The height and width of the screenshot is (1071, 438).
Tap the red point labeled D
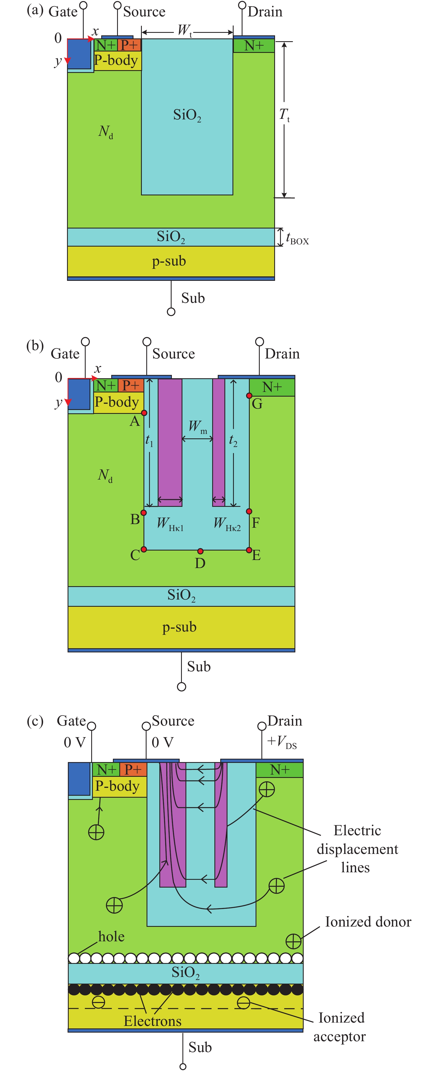pos(200,551)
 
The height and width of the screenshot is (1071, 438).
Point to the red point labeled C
pos(144,549)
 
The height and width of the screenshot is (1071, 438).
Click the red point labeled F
pos(249,511)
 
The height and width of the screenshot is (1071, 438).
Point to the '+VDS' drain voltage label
pos(282,741)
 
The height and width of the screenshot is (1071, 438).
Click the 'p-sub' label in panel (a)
pos(169,261)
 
